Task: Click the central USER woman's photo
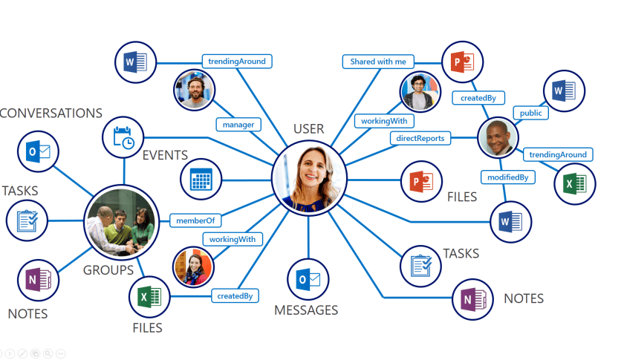click(x=309, y=177)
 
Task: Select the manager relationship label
click(x=238, y=125)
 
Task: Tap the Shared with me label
click(x=378, y=62)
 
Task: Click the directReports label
click(x=420, y=137)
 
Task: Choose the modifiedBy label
click(x=507, y=177)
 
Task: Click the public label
click(x=530, y=113)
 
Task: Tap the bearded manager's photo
click(x=195, y=90)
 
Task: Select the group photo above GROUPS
click(x=120, y=220)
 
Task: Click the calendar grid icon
click(x=201, y=179)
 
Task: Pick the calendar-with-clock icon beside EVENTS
click(x=123, y=137)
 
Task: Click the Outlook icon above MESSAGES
click(x=308, y=280)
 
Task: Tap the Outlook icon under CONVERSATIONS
click(x=39, y=152)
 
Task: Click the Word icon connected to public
click(x=564, y=92)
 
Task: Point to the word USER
click(x=308, y=129)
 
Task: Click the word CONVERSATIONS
click(x=51, y=114)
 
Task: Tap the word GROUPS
click(x=108, y=270)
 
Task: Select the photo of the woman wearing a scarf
click(x=193, y=266)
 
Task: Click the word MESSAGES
click(x=306, y=310)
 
